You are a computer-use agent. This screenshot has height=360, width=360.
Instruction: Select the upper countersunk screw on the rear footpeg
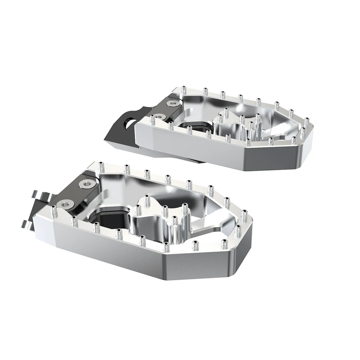click(169, 103)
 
